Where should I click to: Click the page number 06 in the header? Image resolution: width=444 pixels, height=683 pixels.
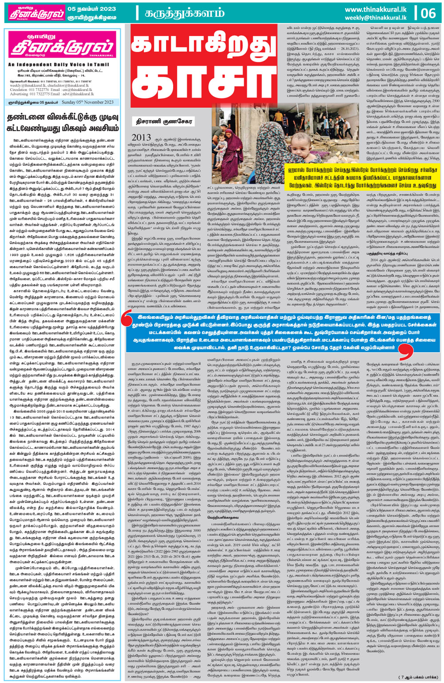click(x=428, y=13)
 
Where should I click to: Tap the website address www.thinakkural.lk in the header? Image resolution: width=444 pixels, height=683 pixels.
click(x=375, y=9)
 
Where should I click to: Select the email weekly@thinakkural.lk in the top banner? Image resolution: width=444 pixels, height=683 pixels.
click(x=375, y=18)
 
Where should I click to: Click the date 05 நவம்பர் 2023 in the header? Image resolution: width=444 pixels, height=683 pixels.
click(x=92, y=9)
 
